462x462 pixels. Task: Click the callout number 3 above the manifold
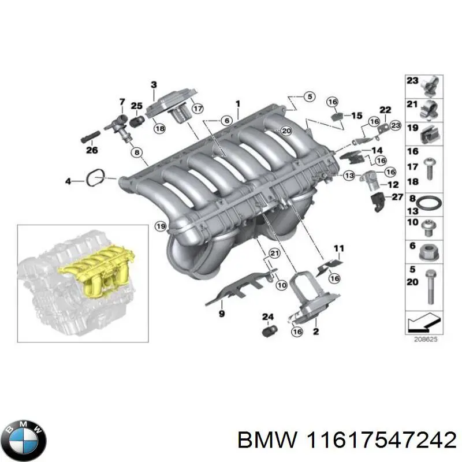point(154,85)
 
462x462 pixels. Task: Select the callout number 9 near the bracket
point(221,314)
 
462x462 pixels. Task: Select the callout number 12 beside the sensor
point(393,185)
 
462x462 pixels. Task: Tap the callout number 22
point(385,110)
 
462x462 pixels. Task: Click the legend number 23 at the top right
point(411,81)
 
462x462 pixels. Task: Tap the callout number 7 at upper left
point(122,102)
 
